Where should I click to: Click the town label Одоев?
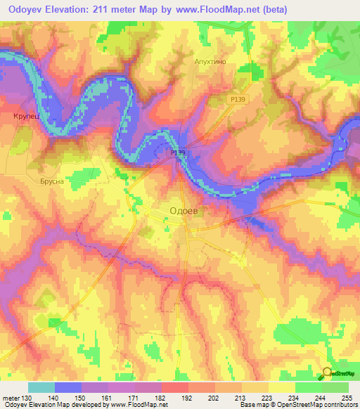(x=187, y=210)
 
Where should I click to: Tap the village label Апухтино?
(x=209, y=62)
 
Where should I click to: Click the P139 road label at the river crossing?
(x=178, y=152)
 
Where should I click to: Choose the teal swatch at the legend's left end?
(x=41, y=387)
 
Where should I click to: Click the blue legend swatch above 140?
(x=67, y=387)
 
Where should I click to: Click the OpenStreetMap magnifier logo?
(x=328, y=374)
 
